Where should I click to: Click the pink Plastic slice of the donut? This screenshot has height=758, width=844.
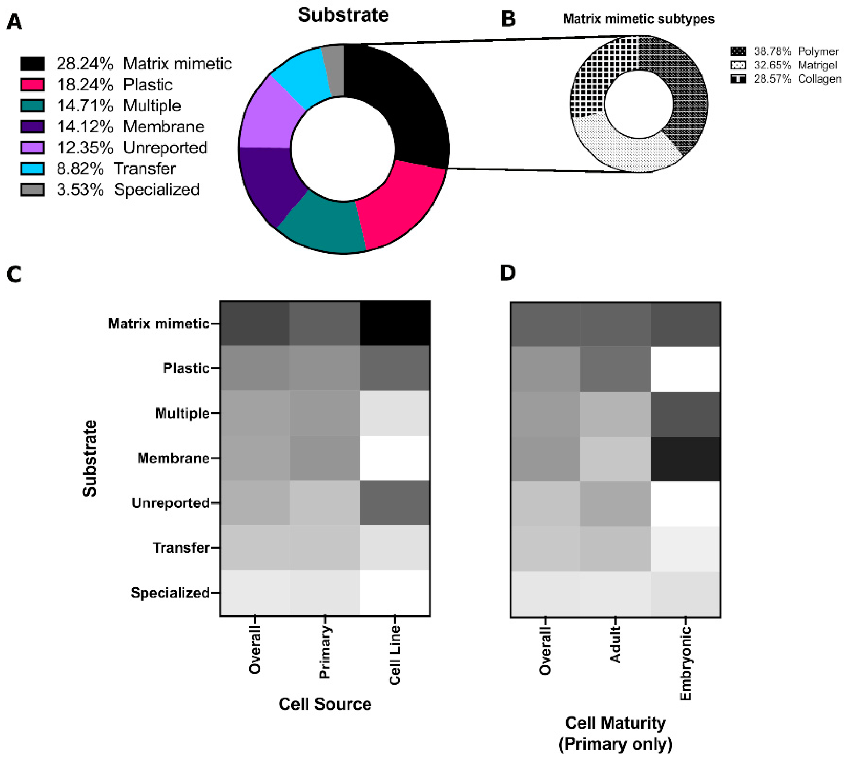pyautogui.click(x=400, y=204)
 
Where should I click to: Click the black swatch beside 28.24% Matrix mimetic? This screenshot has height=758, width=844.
pyautogui.click(x=32, y=64)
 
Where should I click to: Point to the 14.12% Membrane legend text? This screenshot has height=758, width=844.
pyautogui.click(x=130, y=127)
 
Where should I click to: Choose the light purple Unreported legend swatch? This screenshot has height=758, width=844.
pyautogui.click(x=32, y=147)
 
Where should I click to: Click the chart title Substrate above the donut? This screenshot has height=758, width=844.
pyautogui.click(x=343, y=15)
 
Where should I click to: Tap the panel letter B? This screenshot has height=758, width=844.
pyautogui.click(x=508, y=19)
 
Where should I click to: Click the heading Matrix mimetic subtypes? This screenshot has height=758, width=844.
pyautogui.click(x=639, y=19)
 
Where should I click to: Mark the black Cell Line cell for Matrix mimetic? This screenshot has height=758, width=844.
pyautogui.click(x=395, y=323)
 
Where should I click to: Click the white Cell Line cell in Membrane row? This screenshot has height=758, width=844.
pyautogui.click(x=395, y=458)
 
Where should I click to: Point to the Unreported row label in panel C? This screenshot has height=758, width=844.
pyautogui.click(x=170, y=503)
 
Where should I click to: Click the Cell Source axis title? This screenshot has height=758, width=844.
pyautogui.click(x=325, y=704)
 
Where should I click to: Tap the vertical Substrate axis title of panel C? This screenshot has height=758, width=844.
pyautogui.click(x=90, y=458)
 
